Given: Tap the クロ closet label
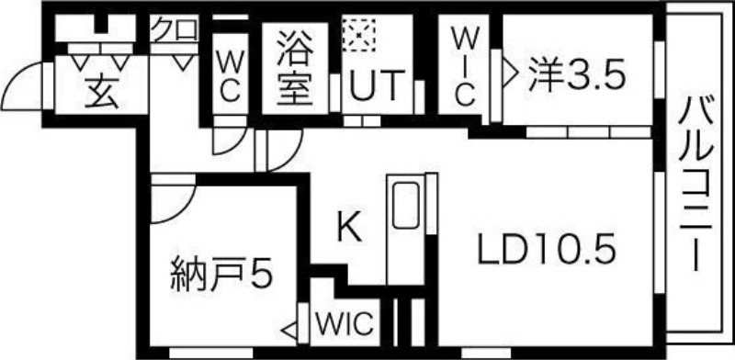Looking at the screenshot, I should pos(174,30).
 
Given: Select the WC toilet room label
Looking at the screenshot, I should pos(229,76).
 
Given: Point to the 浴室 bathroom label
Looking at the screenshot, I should pos(296,68).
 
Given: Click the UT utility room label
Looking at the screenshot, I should pos(377,87).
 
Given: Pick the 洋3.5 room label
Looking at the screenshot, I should pos(576,74).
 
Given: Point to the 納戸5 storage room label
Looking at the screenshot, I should pos(221,274).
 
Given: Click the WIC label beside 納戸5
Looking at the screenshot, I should pos(345,322).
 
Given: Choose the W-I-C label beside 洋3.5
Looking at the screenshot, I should pos(465,66).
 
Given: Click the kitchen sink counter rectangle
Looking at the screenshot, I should pos(405,206).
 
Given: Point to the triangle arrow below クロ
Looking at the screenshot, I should pos(184,63).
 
